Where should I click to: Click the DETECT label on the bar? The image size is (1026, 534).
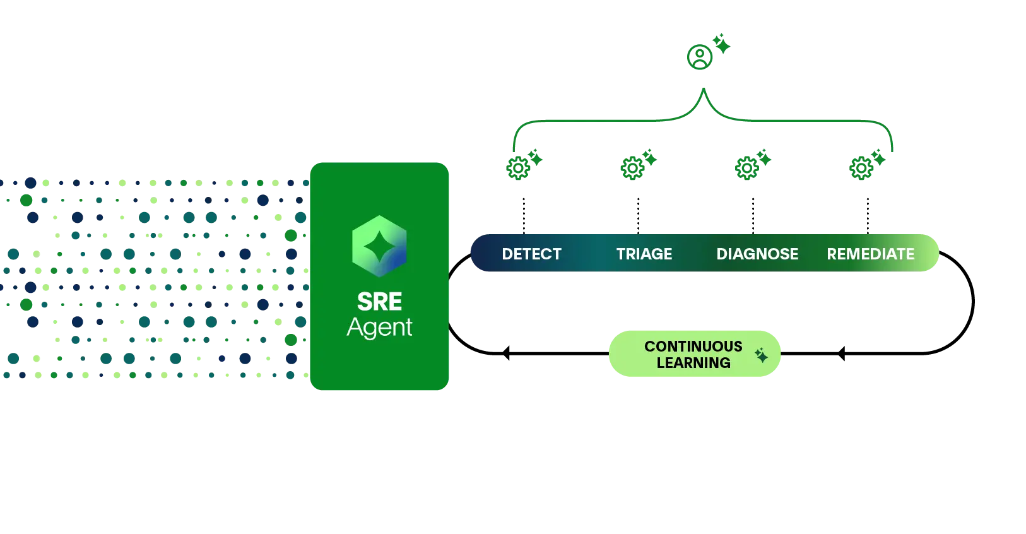tap(531, 254)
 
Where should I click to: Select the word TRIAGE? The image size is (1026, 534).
tap(644, 254)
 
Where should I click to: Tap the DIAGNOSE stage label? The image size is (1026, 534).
tap(757, 254)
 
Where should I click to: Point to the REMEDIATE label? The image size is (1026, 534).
tap(870, 254)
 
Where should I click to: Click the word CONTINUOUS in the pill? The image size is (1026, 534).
tap(693, 346)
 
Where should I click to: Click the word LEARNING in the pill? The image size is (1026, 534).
tap(693, 363)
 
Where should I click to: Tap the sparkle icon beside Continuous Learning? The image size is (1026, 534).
tap(761, 355)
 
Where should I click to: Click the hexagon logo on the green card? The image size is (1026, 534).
tap(379, 247)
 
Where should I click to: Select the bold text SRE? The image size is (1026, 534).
tap(379, 302)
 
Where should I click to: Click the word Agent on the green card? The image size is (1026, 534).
tap(379, 328)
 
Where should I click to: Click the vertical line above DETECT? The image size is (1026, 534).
tap(522, 215)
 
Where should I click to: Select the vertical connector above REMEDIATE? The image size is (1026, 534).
tap(868, 215)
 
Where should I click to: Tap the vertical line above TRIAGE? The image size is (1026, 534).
tap(638, 215)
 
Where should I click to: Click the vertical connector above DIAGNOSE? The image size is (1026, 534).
tap(754, 215)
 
